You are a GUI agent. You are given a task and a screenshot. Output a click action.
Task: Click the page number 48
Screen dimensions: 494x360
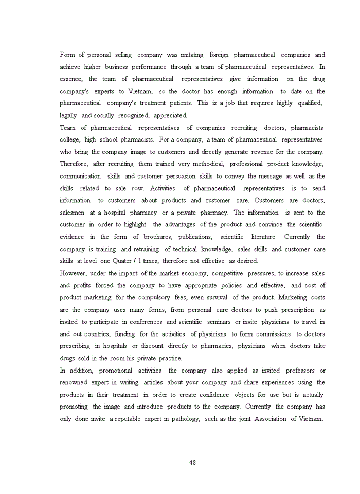click(x=193, y=462)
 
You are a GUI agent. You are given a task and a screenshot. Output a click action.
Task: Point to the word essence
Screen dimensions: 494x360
click(x=70, y=79)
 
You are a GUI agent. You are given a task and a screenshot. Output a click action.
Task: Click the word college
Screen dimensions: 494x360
click(x=70, y=139)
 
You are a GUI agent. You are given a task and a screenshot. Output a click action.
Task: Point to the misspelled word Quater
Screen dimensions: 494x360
click(x=106, y=261)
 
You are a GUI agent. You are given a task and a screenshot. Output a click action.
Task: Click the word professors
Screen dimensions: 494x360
click(x=294, y=370)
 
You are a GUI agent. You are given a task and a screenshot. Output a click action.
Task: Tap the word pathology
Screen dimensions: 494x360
click(x=184, y=419)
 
